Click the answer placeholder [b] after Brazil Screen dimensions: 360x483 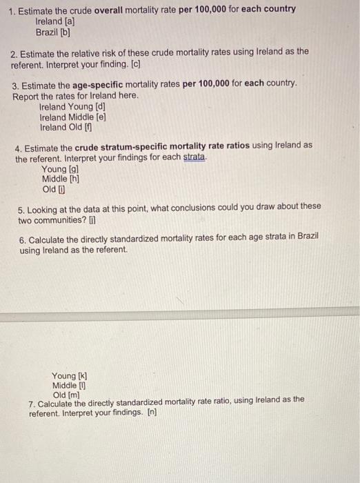(67, 32)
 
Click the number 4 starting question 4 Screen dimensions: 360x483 (19, 146)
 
